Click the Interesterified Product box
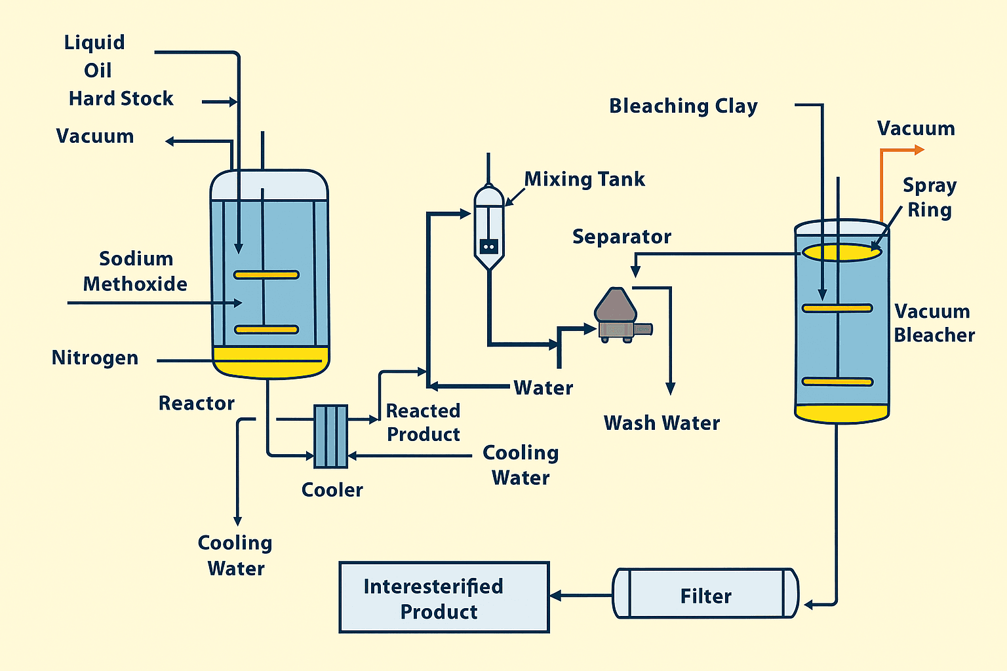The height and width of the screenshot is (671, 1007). coord(444,598)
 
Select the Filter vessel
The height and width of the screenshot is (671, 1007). coord(705,594)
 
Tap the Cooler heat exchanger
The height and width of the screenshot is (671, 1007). coord(330,436)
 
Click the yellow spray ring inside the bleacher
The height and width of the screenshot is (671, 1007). coord(842,252)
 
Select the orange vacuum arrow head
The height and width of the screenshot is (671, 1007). coord(919,150)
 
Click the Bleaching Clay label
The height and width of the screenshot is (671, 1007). coord(683,106)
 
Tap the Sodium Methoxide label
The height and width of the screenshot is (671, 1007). coord(135,271)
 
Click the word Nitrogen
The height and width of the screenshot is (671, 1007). coord(95,358)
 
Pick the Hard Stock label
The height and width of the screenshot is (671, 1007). coord(121,99)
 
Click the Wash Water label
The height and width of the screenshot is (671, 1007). coord(661,423)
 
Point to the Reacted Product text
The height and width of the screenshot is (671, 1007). coord(423,423)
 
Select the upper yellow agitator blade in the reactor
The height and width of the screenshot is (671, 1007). coord(267,275)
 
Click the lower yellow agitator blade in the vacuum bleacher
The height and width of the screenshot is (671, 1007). coord(838,381)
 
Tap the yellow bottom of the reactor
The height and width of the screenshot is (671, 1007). coord(270,364)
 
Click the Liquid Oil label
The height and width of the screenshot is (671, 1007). coord(96,56)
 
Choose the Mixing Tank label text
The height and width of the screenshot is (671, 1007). coord(584,180)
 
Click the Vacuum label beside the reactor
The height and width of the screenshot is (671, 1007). coord(95,136)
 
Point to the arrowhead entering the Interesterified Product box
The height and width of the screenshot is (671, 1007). coord(555,596)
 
